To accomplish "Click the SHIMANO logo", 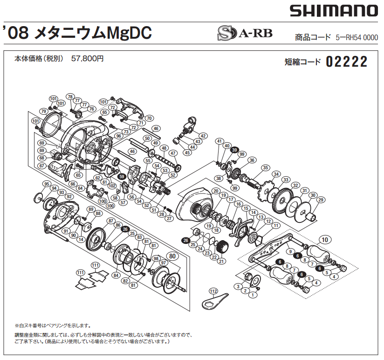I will click(333, 10).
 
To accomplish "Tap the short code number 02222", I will click(347, 62).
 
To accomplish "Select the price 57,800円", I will click(88, 59).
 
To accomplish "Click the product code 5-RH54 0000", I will click(357, 38).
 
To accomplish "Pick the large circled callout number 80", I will click(172, 256).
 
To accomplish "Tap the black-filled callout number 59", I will click(122, 177).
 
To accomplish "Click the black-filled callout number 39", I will click(234, 150).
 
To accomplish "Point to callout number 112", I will click(213, 291).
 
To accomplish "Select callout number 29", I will click(320, 200).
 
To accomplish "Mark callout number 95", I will click(46, 184).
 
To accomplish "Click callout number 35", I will click(265, 168).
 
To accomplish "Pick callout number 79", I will click(43, 111).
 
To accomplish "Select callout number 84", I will click(116, 275).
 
